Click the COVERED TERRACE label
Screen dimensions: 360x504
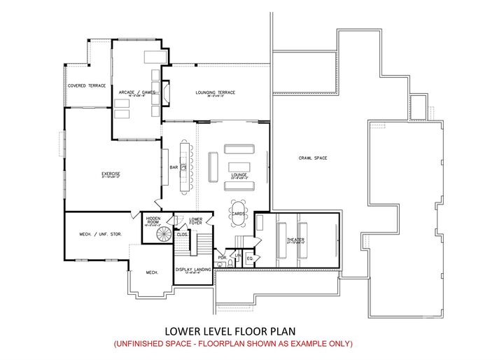pyautogui.click(x=87, y=85)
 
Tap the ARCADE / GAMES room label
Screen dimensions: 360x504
pyautogui.click(x=136, y=92)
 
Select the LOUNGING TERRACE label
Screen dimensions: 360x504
pyautogui.click(x=215, y=92)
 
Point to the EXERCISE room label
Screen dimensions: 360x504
pyautogui.click(x=111, y=174)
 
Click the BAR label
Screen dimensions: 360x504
pyautogui.click(x=174, y=167)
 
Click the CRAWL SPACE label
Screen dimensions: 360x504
pyautogui.click(x=313, y=158)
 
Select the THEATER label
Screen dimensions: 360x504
pyautogui.click(x=295, y=240)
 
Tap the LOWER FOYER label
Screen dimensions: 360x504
pyautogui.click(x=196, y=221)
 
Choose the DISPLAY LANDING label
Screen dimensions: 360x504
pyautogui.click(x=193, y=269)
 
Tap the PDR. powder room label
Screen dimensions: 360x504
pyautogui.click(x=222, y=257)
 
